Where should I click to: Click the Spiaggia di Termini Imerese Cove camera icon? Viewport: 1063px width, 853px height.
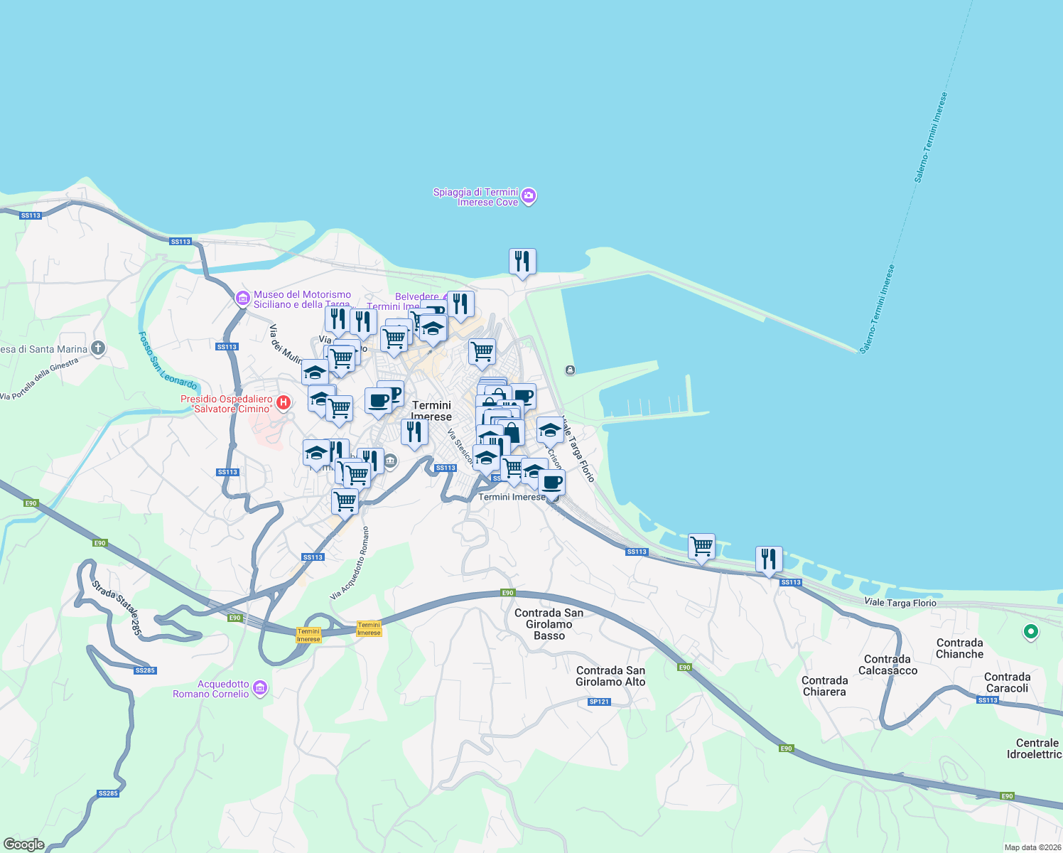(x=528, y=196)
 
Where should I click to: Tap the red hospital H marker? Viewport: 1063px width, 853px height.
(x=283, y=403)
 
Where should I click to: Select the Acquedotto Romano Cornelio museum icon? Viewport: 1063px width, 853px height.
(x=260, y=688)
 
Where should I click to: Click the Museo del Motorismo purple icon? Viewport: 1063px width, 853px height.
(x=242, y=298)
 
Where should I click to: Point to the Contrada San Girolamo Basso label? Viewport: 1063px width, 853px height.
(x=549, y=624)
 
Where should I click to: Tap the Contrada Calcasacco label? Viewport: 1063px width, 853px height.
(x=887, y=665)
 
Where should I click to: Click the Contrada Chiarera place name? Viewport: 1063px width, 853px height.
(x=824, y=686)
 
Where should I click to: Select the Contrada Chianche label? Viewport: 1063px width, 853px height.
(x=959, y=648)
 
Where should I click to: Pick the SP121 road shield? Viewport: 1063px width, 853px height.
(x=599, y=702)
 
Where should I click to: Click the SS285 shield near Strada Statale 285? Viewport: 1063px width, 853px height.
(x=145, y=670)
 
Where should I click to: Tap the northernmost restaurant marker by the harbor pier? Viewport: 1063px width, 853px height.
(x=522, y=262)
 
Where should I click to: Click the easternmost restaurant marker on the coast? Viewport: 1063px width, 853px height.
(x=768, y=559)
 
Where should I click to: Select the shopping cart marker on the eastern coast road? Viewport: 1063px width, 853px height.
(x=701, y=547)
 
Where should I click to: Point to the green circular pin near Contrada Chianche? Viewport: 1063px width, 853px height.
(x=1030, y=631)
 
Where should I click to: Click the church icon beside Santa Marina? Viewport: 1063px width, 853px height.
(x=98, y=348)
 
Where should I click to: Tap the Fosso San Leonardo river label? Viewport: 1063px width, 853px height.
(x=167, y=361)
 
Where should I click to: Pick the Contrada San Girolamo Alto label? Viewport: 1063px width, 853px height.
(x=610, y=676)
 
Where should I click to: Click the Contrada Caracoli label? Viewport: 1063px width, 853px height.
(x=1007, y=682)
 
